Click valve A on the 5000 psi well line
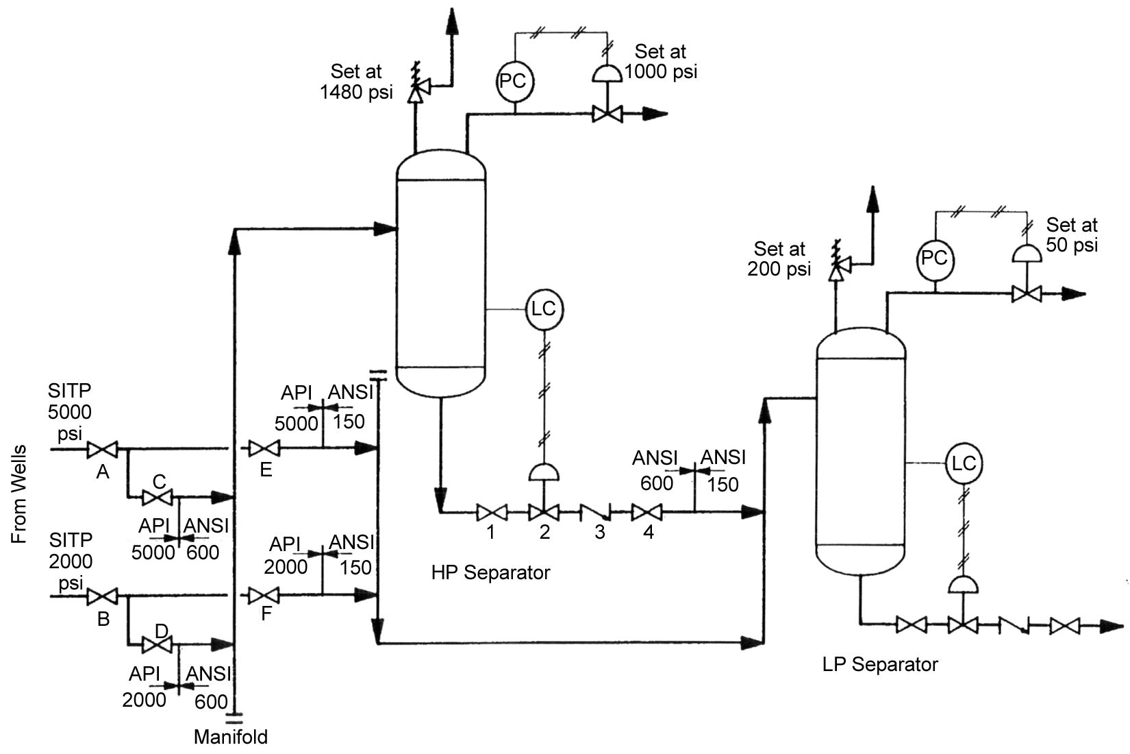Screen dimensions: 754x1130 (x=102, y=450)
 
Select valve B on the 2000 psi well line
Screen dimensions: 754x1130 (x=102, y=596)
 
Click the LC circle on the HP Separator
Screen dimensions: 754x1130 (x=544, y=309)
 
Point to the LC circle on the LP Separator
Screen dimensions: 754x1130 (x=964, y=463)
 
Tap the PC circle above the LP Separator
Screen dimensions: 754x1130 (x=935, y=259)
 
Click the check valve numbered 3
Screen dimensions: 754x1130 (x=597, y=512)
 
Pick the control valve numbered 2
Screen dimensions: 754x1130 (x=544, y=511)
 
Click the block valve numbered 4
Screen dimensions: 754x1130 (x=646, y=511)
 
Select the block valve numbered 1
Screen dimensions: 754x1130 (x=491, y=511)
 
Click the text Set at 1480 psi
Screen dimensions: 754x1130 (x=356, y=82)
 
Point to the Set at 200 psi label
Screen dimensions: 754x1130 (x=779, y=258)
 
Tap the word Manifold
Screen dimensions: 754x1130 (x=231, y=738)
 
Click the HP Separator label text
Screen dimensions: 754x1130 (x=490, y=573)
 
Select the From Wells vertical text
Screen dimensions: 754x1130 (x=20, y=494)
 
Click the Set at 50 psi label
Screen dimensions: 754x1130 (x=1071, y=234)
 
